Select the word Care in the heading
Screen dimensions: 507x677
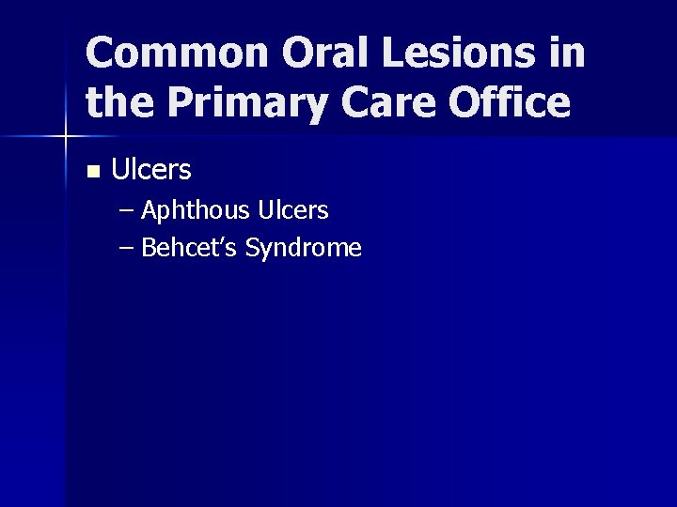375,102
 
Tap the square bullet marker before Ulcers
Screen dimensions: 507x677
91,172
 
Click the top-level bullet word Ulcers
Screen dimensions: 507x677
151,170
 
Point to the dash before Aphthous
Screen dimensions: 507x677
128,211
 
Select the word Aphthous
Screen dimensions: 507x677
194,211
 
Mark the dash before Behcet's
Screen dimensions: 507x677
128,249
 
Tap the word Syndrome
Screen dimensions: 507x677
303,249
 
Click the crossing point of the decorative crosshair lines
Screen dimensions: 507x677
66,137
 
